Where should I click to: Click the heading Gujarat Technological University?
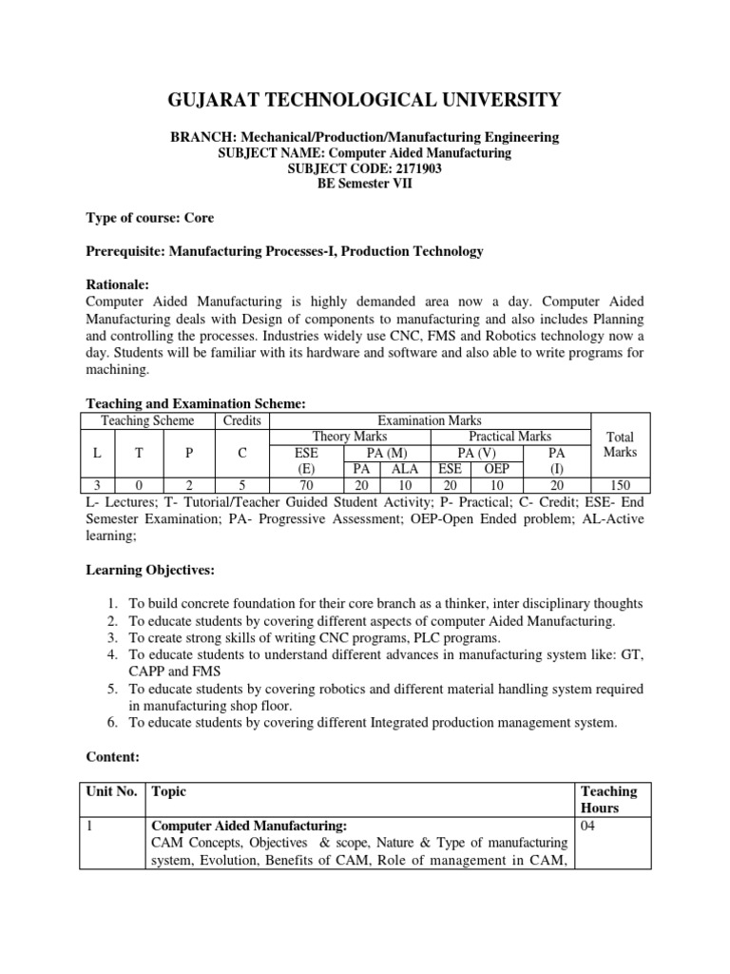364,99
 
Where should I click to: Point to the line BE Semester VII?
364,184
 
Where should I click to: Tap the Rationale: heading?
119,284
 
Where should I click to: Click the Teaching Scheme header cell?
147,420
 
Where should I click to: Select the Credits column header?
242,420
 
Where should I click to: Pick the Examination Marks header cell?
431,420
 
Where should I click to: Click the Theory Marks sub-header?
350,437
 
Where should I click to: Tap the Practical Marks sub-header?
510,437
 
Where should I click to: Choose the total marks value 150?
621,484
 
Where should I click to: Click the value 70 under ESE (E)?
307,484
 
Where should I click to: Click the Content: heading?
112,757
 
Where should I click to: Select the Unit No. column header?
114,791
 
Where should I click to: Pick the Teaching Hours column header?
608,799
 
